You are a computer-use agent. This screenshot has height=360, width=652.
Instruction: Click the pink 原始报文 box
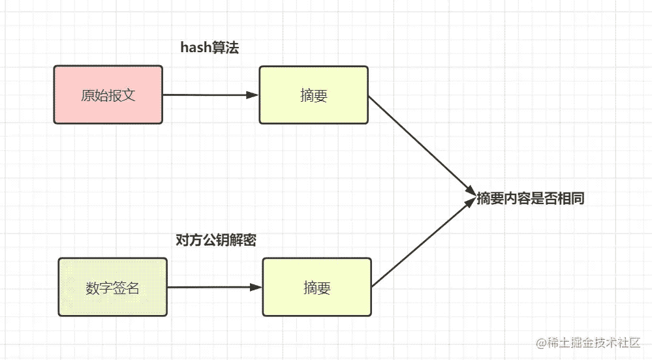pos(108,95)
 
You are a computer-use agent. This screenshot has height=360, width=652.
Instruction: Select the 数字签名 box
pos(113,287)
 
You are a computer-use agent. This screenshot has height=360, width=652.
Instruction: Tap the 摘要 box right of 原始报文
pos(313,95)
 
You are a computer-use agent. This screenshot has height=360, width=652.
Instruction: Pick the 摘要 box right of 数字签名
pos(317,287)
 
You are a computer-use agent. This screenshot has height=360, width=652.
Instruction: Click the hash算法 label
pos(210,48)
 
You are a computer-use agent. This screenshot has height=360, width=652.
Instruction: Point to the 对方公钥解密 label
pos(216,240)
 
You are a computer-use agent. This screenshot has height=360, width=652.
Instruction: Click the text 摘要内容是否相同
pos(530,198)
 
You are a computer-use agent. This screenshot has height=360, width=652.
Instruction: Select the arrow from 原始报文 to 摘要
pos(210,95)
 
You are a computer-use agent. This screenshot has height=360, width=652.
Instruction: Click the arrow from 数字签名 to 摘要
pos(215,287)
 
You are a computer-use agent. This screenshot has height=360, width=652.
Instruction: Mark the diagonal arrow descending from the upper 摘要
pos(422,145)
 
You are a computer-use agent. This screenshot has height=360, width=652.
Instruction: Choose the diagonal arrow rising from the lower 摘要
pos(424,243)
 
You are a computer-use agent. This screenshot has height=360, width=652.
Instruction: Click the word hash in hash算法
pos(196,48)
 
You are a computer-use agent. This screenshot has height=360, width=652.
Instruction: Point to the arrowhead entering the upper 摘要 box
pos(253,95)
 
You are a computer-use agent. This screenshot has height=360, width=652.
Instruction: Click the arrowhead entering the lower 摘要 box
pos(256,287)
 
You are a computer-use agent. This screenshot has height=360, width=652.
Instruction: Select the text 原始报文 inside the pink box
pos(108,95)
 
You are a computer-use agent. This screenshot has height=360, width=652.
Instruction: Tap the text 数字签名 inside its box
pos(112,288)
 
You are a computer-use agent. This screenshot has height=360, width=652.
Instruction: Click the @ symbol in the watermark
pos(541,344)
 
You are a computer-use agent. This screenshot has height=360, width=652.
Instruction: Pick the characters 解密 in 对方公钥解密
pos(243,240)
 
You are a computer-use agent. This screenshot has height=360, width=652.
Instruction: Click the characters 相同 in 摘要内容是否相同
pos(571,198)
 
